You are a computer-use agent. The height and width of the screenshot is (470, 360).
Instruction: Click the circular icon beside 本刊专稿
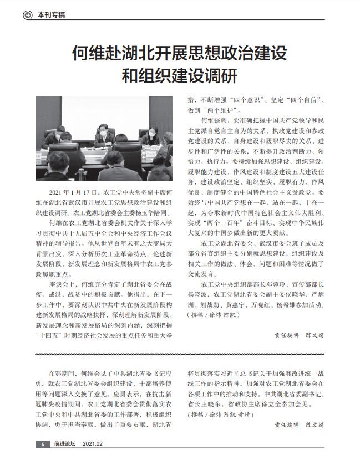tap(27, 15)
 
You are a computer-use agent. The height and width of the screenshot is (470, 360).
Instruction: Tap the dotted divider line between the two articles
tap(180, 354)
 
